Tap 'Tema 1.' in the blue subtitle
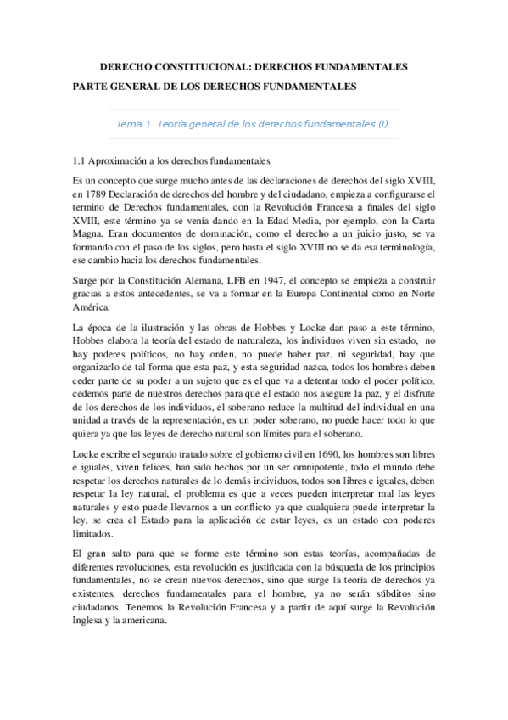click(x=134, y=123)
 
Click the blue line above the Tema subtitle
click(x=254, y=110)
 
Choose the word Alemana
click(x=216, y=277)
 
